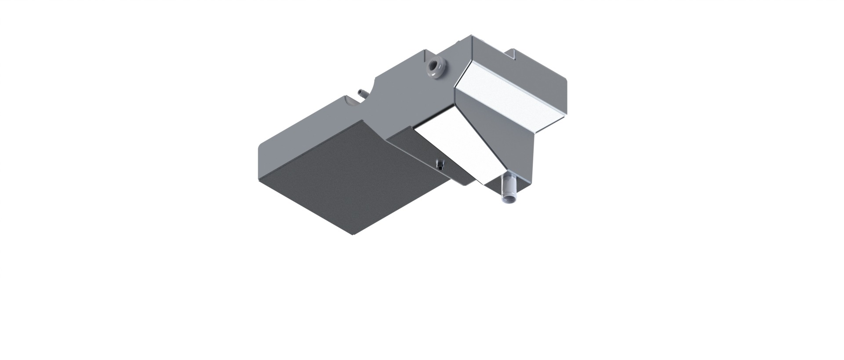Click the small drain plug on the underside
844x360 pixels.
click(x=439, y=164)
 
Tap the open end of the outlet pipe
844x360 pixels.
click(x=509, y=200)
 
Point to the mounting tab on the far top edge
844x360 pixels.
click(x=513, y=54)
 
